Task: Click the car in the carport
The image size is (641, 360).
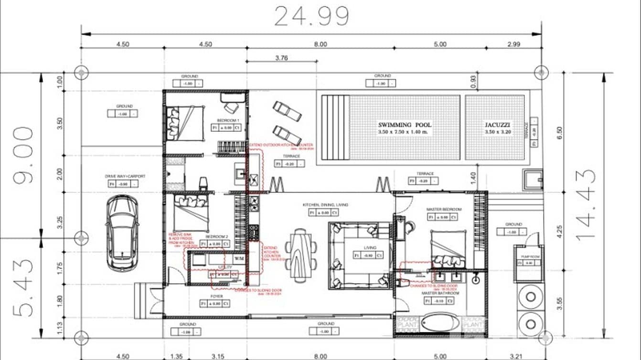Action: [122, 233]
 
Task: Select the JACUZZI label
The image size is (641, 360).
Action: [495, 125]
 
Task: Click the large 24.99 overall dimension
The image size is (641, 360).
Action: [311, 17]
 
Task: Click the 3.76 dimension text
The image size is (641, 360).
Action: [281, 58]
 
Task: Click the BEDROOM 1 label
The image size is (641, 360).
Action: [228, 120]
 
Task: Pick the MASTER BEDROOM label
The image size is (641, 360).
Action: [444, 210]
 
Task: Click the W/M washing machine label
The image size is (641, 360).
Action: [239, 258]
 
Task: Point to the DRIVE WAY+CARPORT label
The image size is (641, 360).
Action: [125, 176]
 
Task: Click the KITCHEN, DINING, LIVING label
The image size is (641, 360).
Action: [325, 205]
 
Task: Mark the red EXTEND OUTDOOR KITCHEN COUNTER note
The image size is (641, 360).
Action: [281, 145]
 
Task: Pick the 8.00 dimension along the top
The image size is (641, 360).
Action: [320, 44]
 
